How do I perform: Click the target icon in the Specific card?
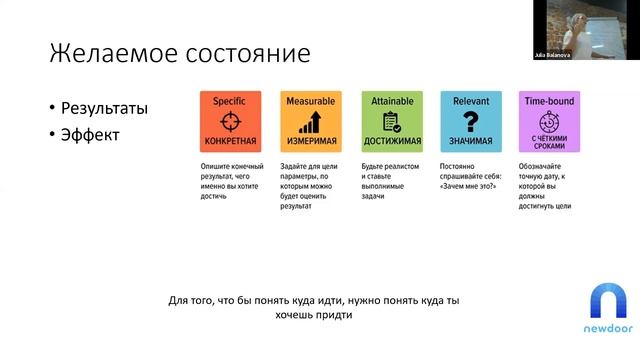click(x=229, y=120)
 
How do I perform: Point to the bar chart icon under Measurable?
click(x=309, y=121)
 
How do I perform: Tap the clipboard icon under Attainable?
click(x=389, y=121)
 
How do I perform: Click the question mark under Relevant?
click(x=470, y=121)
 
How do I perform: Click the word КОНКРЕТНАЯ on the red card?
click(x=229, y=141)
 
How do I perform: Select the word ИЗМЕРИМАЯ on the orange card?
click(x=309, y=141)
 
